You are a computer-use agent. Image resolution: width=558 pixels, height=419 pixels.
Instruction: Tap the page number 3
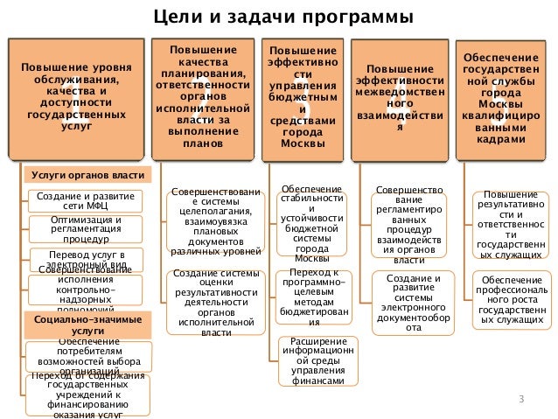(x=520, y=401)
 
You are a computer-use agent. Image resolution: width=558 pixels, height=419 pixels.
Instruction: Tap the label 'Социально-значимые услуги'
(x=80, y=325)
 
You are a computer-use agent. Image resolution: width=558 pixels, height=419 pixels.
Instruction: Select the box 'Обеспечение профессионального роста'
(x=511, y=297)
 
